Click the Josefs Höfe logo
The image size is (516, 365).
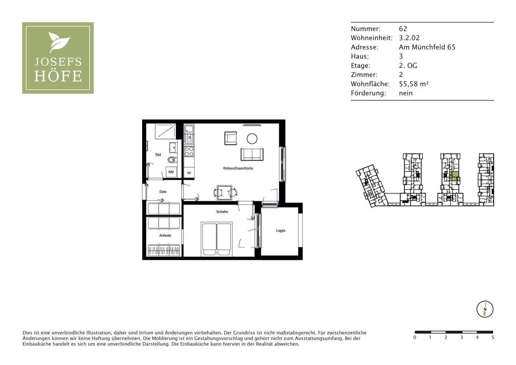click(x=58, y=58)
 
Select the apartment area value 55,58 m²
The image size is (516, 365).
click(x=414, y=84)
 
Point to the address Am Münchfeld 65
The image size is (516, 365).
click(x=427, y=47)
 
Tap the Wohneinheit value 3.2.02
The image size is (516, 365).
click(x=409, y=38)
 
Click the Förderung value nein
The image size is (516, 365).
click(x=406, y=93)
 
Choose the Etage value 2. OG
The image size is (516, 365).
click(x=408, y=66)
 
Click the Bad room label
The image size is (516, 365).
click(x=158, y=155)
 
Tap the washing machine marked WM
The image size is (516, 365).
click(x=171, y=172)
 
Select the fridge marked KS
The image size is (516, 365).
click(x=189, y=173)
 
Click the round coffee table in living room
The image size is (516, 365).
click(x=252, y=138)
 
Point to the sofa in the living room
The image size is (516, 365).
click(x=252, y=154)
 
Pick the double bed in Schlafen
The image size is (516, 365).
click(x=217, y=239)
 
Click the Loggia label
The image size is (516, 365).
click(x=281, y=231)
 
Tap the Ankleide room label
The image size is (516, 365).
click(x=165, y=236)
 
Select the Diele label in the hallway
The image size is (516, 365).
click(x=163, y=192)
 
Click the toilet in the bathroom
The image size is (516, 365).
click(x=172, y=160)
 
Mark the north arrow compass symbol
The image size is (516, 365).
click(x=485, y=309)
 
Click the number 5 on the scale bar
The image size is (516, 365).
click(x=493, y=337)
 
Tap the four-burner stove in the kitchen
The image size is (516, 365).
click(x=189, y=151)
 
